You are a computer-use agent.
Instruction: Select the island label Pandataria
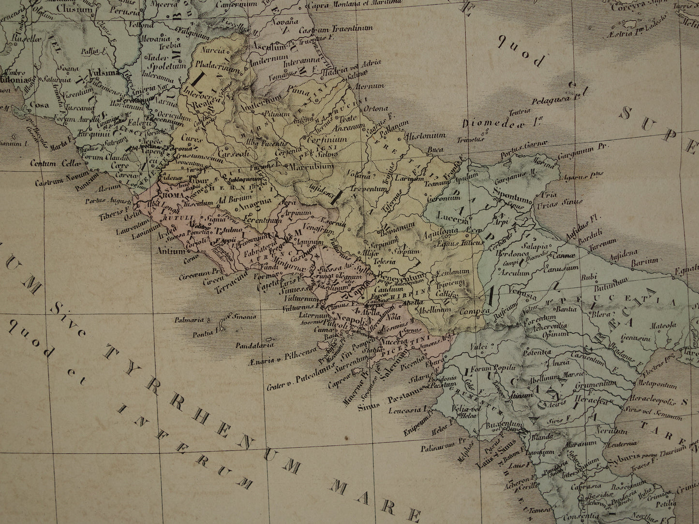[x=255, y=345]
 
